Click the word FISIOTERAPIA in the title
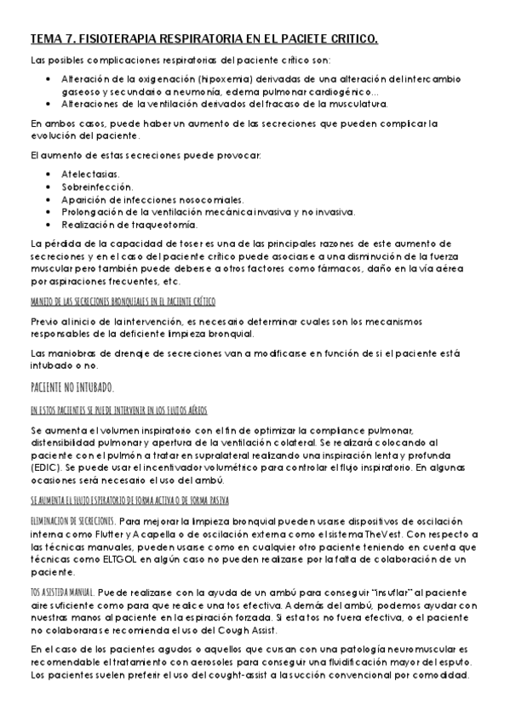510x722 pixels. [x=119, y=39]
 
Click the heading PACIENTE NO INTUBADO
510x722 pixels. [x=72, y=387]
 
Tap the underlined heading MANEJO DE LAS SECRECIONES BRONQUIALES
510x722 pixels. [x=123, y=301]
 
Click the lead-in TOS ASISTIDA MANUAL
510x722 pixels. [x=61, y=591]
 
